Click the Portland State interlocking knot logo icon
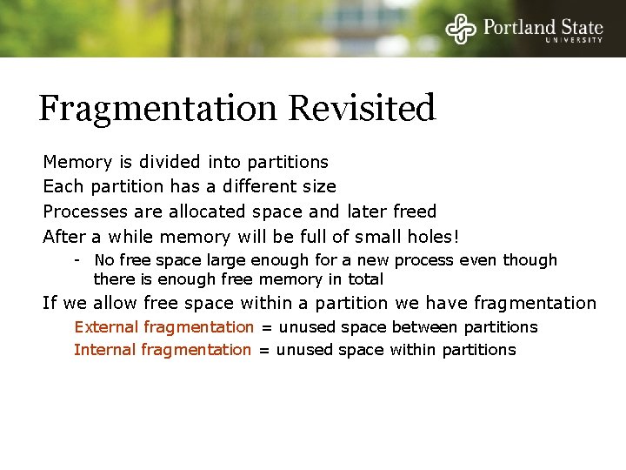point(462,29)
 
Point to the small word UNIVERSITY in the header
point(574,40)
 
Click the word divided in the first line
point(173,162)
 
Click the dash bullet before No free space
point(78,260)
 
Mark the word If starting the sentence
point(50,303)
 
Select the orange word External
point(106,327)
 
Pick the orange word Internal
point(105,350)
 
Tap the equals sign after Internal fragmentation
point(263,350)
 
